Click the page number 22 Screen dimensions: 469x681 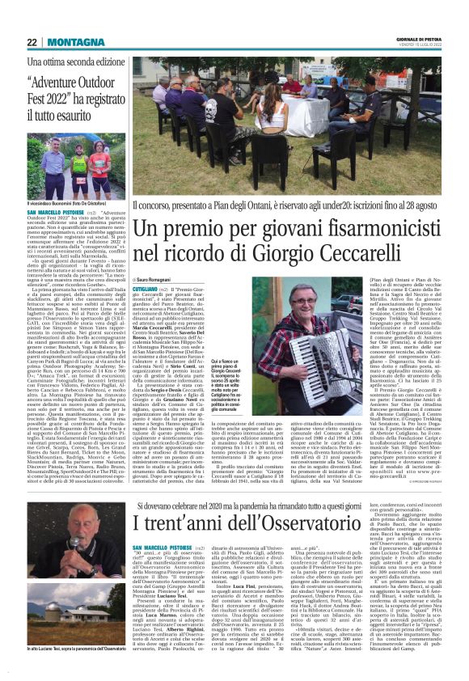(x=32, y=41)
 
